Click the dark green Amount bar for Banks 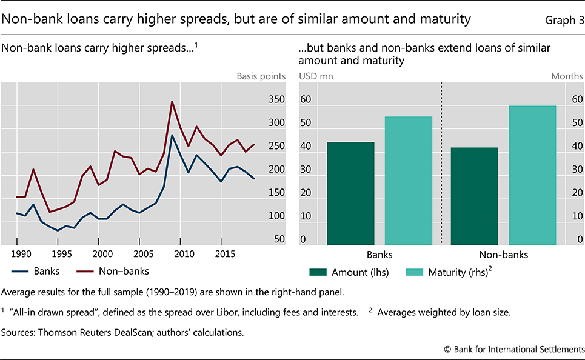pyautogui.click(x=350, y=193)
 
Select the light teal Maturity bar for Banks pyautogui.click(x=409, y=180)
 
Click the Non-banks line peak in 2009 pyautogui.click(x=172, y=102)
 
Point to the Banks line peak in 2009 pyautogui.click(x=172, y=135)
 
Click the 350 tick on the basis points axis pyautogui.click(x=275, y=100)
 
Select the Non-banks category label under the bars pyautogui.click(x=503, y=255)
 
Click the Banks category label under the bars pyautogui.click(x=380, y=255)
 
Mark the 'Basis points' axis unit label pyautogui.click(x=261, y=76)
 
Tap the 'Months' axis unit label pyautogui.click(x=567, y=76)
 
